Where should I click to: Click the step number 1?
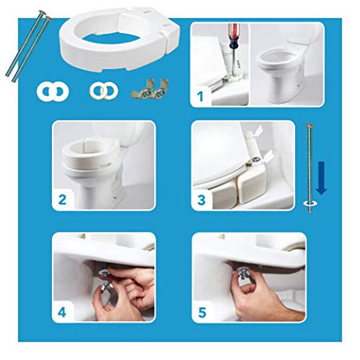[201, 96]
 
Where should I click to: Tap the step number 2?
[62, 200]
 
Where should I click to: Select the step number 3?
[202, 200]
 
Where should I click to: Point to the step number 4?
[62, 312]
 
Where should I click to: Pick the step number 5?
[202, 312]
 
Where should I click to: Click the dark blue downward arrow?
[321, 177]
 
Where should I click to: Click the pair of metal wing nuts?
[150, 89]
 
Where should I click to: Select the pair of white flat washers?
[53, 92]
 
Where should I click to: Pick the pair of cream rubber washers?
[103, 91]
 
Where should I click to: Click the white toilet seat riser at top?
[120, 39]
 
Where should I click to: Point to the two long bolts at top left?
[28, 46]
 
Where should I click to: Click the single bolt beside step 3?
[310, 168]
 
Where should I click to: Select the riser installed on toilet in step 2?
[90, 154]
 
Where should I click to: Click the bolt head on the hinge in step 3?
[255, 159]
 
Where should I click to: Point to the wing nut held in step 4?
[106, 288]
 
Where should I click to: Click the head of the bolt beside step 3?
[310, 125]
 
